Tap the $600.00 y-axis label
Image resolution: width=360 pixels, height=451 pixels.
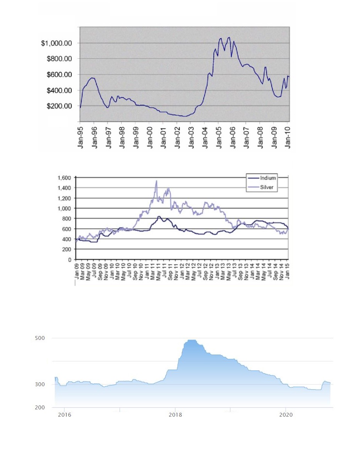click(60, 74)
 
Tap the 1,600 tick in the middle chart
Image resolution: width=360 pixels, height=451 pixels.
click(64, 178)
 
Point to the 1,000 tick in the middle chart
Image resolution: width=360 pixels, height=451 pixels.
click(64, 208)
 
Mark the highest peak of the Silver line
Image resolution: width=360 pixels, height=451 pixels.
click(156, 181)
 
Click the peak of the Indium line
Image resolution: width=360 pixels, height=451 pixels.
click(159, 216)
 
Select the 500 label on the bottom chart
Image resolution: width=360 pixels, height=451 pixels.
click(40, 338)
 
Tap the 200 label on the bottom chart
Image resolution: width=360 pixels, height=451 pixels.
click(40, 407)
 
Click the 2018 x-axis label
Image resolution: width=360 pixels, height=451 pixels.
click(175, 415)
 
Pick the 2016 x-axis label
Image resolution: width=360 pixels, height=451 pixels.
click(64, 415)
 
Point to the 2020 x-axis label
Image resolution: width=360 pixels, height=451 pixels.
click(286, 415)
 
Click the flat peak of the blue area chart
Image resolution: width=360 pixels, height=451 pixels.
click(192, 340)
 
